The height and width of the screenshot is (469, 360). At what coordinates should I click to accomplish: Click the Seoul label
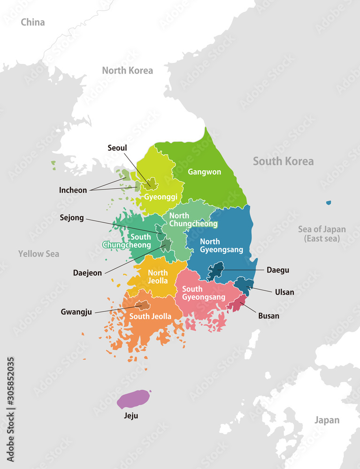coord(117,148)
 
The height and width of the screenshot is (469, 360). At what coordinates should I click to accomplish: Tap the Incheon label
coord(73,190)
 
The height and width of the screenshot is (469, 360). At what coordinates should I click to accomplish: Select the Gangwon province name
coord(204,172)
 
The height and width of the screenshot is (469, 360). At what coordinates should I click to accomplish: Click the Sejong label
coord(72,217)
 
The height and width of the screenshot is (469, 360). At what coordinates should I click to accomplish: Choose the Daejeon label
coord(87,272)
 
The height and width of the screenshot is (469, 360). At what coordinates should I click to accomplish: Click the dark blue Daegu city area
coord(215,271)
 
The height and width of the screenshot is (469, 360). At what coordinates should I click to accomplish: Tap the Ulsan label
coord(284,292)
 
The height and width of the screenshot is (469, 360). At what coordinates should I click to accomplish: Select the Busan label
coord(268,316)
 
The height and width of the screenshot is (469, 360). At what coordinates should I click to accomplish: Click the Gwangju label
coord(77,311)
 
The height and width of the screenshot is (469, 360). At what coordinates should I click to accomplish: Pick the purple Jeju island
coord(133,399)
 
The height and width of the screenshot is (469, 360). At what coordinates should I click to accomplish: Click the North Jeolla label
coord(158,277)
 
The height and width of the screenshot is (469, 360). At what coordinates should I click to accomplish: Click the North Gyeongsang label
coord(222,245)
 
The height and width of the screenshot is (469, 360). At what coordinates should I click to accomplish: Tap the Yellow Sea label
coord(38,254)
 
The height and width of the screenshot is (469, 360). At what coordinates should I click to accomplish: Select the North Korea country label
coord(127,70)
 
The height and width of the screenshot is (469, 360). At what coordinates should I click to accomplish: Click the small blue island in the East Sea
coord(329,203)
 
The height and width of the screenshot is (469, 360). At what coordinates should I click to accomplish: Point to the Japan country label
coord(327,420)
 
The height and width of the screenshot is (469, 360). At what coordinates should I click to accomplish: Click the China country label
coord(33,22)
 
